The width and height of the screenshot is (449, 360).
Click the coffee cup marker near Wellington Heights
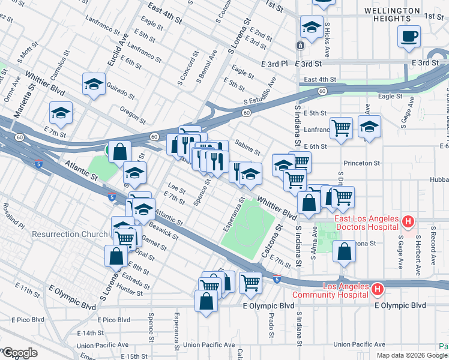point(409,36)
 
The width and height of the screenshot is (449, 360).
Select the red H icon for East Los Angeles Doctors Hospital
point(408,222)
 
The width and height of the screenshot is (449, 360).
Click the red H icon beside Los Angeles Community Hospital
point(377,290)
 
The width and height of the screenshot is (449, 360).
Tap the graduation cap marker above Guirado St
point(94,84)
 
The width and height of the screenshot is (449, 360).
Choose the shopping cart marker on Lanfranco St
point(341,127)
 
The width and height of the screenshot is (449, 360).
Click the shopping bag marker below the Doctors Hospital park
point(344,252)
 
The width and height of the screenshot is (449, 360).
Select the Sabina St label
point(247,148)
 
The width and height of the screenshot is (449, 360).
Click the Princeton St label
point(362,163)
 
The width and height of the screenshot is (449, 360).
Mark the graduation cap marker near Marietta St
point(61,112)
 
